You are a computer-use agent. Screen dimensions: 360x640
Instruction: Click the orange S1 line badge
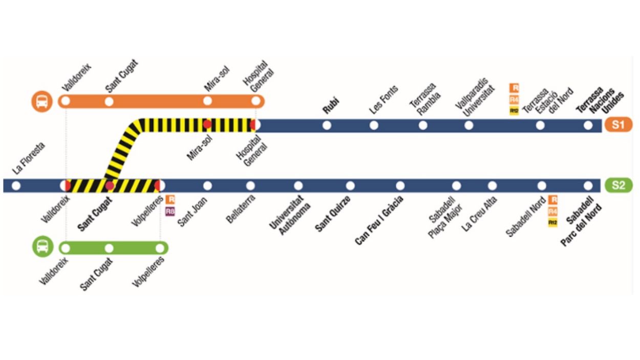click(x=618, y=124)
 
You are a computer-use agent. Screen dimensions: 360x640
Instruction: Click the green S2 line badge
click(x=618, y=185)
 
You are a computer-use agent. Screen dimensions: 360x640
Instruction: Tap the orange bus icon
click(x=42, y=101)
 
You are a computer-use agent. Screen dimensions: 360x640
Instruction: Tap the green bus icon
click(x=42, y=248)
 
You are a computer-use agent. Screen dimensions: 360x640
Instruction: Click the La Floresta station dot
click(x=16, y=185)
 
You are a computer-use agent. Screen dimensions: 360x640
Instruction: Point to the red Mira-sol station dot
click(x=207, y=124)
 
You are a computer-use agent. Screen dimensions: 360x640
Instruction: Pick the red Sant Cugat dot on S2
click(x=110, y=185)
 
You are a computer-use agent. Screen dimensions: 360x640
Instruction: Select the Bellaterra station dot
click(x=250, y=185)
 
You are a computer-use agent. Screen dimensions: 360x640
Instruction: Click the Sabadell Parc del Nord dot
click(x=588, y=185)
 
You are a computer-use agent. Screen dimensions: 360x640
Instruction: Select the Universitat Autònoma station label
click(x=287, y=215)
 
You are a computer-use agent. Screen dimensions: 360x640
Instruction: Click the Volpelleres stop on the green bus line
click(x=160, y=248)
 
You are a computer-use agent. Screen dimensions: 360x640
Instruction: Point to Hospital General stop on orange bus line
click(x=255, y=101)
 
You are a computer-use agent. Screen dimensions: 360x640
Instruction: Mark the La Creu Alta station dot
click(x=492, y=185)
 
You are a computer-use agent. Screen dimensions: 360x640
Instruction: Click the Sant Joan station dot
click(x=207, y=185)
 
